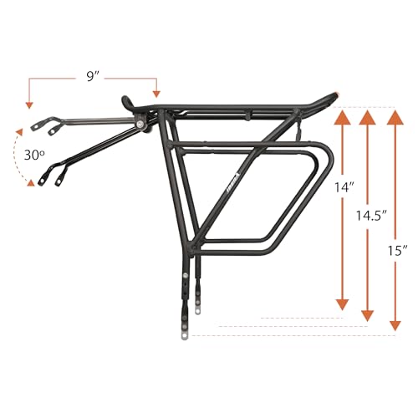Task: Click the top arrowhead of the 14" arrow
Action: pos(341,116)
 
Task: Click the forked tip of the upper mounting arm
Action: pos(38,125)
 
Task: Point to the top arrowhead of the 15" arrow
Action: pos(394,116)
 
